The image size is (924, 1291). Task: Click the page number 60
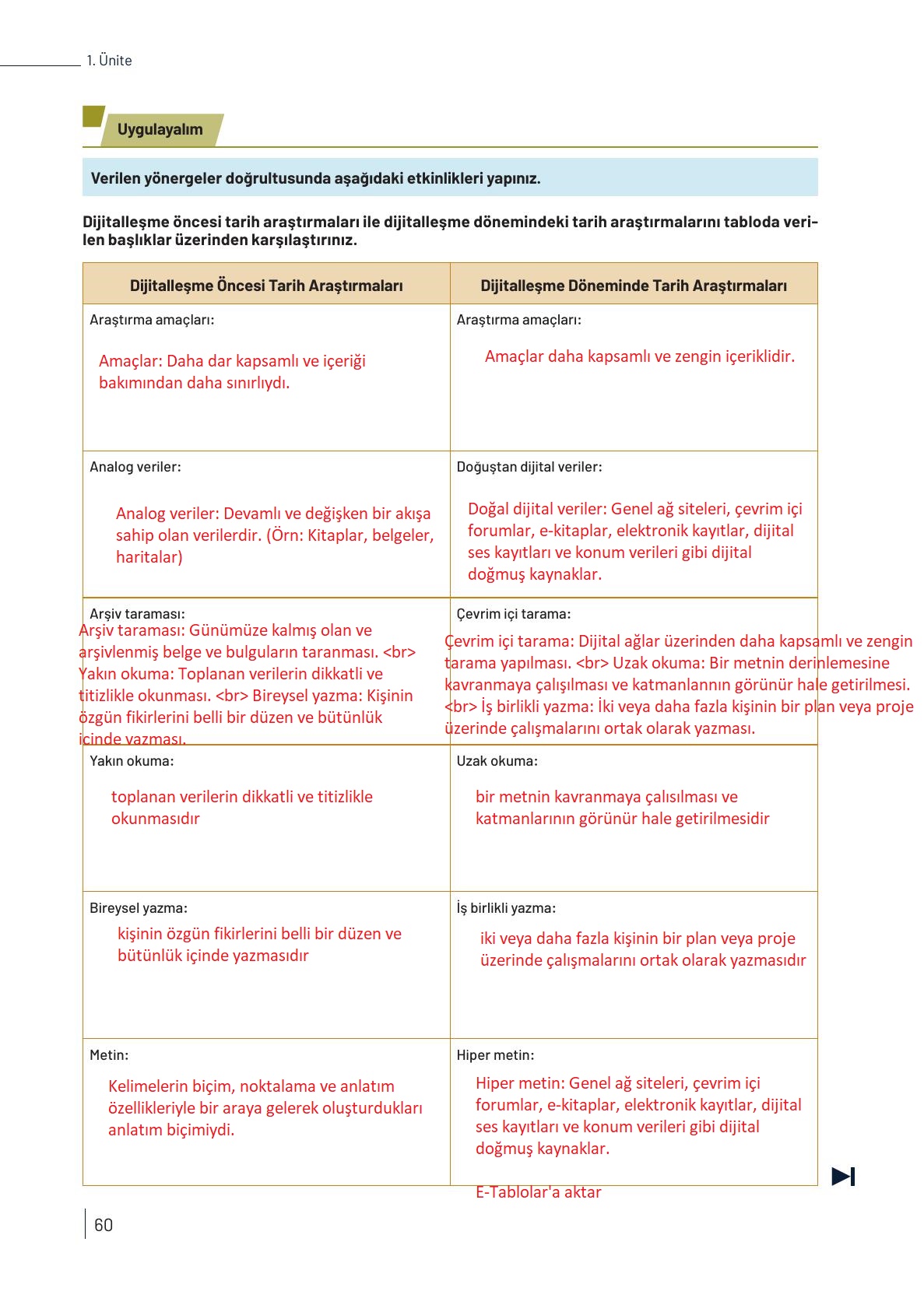point(104,1225)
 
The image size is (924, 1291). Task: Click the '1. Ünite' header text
point(110,61)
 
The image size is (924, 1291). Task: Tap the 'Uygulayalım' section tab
point(160,130)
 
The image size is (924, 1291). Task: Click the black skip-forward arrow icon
point(843,1176)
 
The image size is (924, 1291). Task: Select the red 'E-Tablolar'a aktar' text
point(539,1192)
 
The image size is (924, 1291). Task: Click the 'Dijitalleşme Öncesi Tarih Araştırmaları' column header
point(266,286)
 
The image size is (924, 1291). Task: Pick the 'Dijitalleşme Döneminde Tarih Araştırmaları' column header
point(634,286)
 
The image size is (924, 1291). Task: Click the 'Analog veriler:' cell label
point(135,467)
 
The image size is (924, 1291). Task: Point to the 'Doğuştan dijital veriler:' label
point(529,467)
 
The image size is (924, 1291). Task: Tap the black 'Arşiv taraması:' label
point(138,614)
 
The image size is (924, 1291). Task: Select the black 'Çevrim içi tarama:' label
point(514,614)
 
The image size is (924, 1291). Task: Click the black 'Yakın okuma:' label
point(132,761)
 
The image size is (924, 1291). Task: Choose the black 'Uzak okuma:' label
point(497,761)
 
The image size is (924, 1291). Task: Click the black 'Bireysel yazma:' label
point(139,908)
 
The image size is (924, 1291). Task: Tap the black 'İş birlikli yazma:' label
point(506,908)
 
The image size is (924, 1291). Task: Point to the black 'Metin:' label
point(110,1055)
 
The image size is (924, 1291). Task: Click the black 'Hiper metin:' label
point(496,1055)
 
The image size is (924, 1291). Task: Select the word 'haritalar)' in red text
point(149,557)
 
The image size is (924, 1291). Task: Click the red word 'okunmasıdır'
point(156,819)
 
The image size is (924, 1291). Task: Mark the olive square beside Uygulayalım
point(93,116)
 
